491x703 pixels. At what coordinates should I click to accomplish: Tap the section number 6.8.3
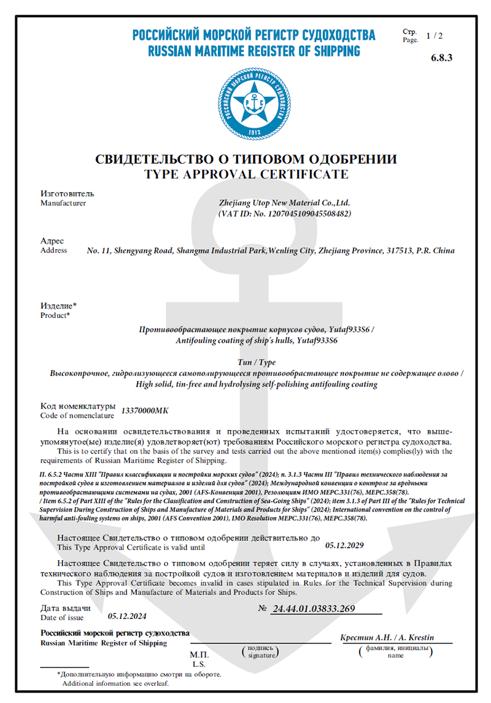click(x=442, y=58)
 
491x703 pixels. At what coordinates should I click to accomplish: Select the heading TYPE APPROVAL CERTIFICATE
click(x=246, y=174)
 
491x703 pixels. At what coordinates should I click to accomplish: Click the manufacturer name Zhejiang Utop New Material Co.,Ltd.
click(x=284, y=202)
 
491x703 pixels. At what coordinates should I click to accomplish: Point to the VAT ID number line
click(x=284, y=213)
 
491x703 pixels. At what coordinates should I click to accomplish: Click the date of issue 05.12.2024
click(x=127, y=615)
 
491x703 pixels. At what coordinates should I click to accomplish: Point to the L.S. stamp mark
click(x=199, y=664)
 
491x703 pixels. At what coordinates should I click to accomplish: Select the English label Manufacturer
click(x=63, y=203)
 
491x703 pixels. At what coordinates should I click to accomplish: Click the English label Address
click(x=54, y=250)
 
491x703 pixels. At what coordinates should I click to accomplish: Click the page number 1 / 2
click(x=434, y=36)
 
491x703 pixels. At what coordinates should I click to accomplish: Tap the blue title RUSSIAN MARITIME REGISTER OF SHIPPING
click(x=253, y=51)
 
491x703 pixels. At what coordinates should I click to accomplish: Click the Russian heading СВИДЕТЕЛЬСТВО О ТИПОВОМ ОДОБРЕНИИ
click(x=246, y=159)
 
